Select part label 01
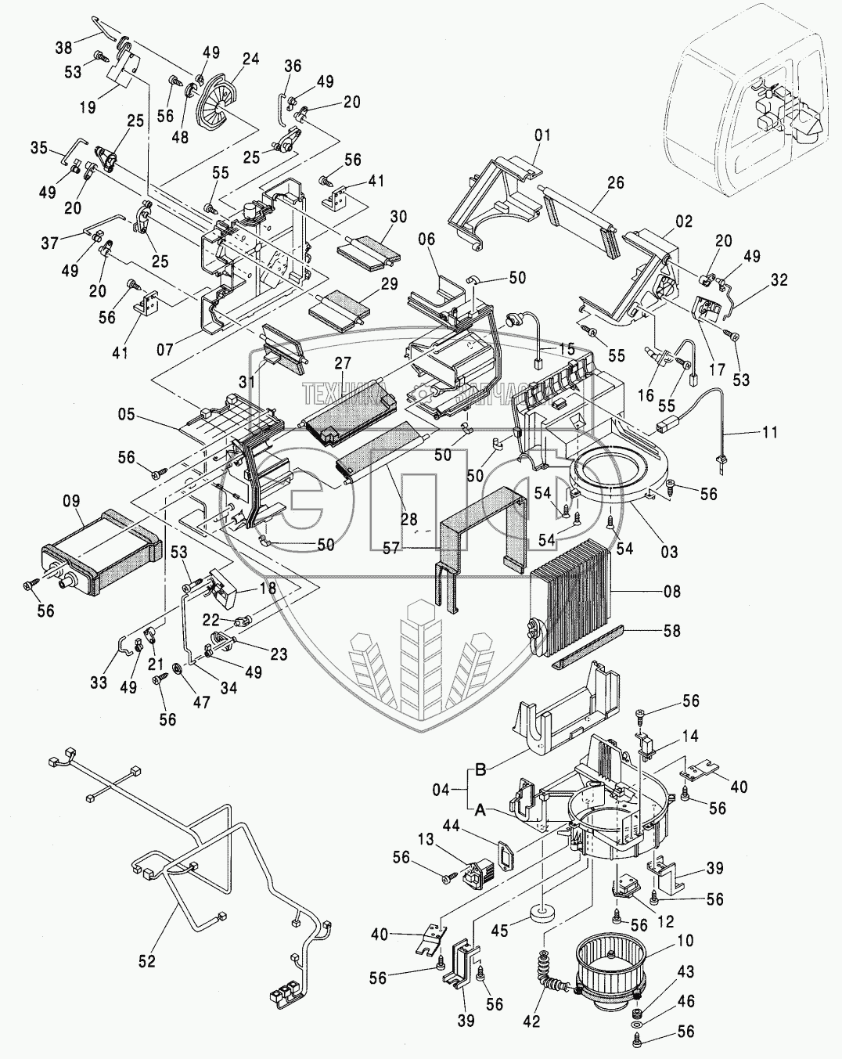543,135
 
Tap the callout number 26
616,184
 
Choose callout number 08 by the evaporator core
671,593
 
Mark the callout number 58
671,630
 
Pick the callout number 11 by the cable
770,432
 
